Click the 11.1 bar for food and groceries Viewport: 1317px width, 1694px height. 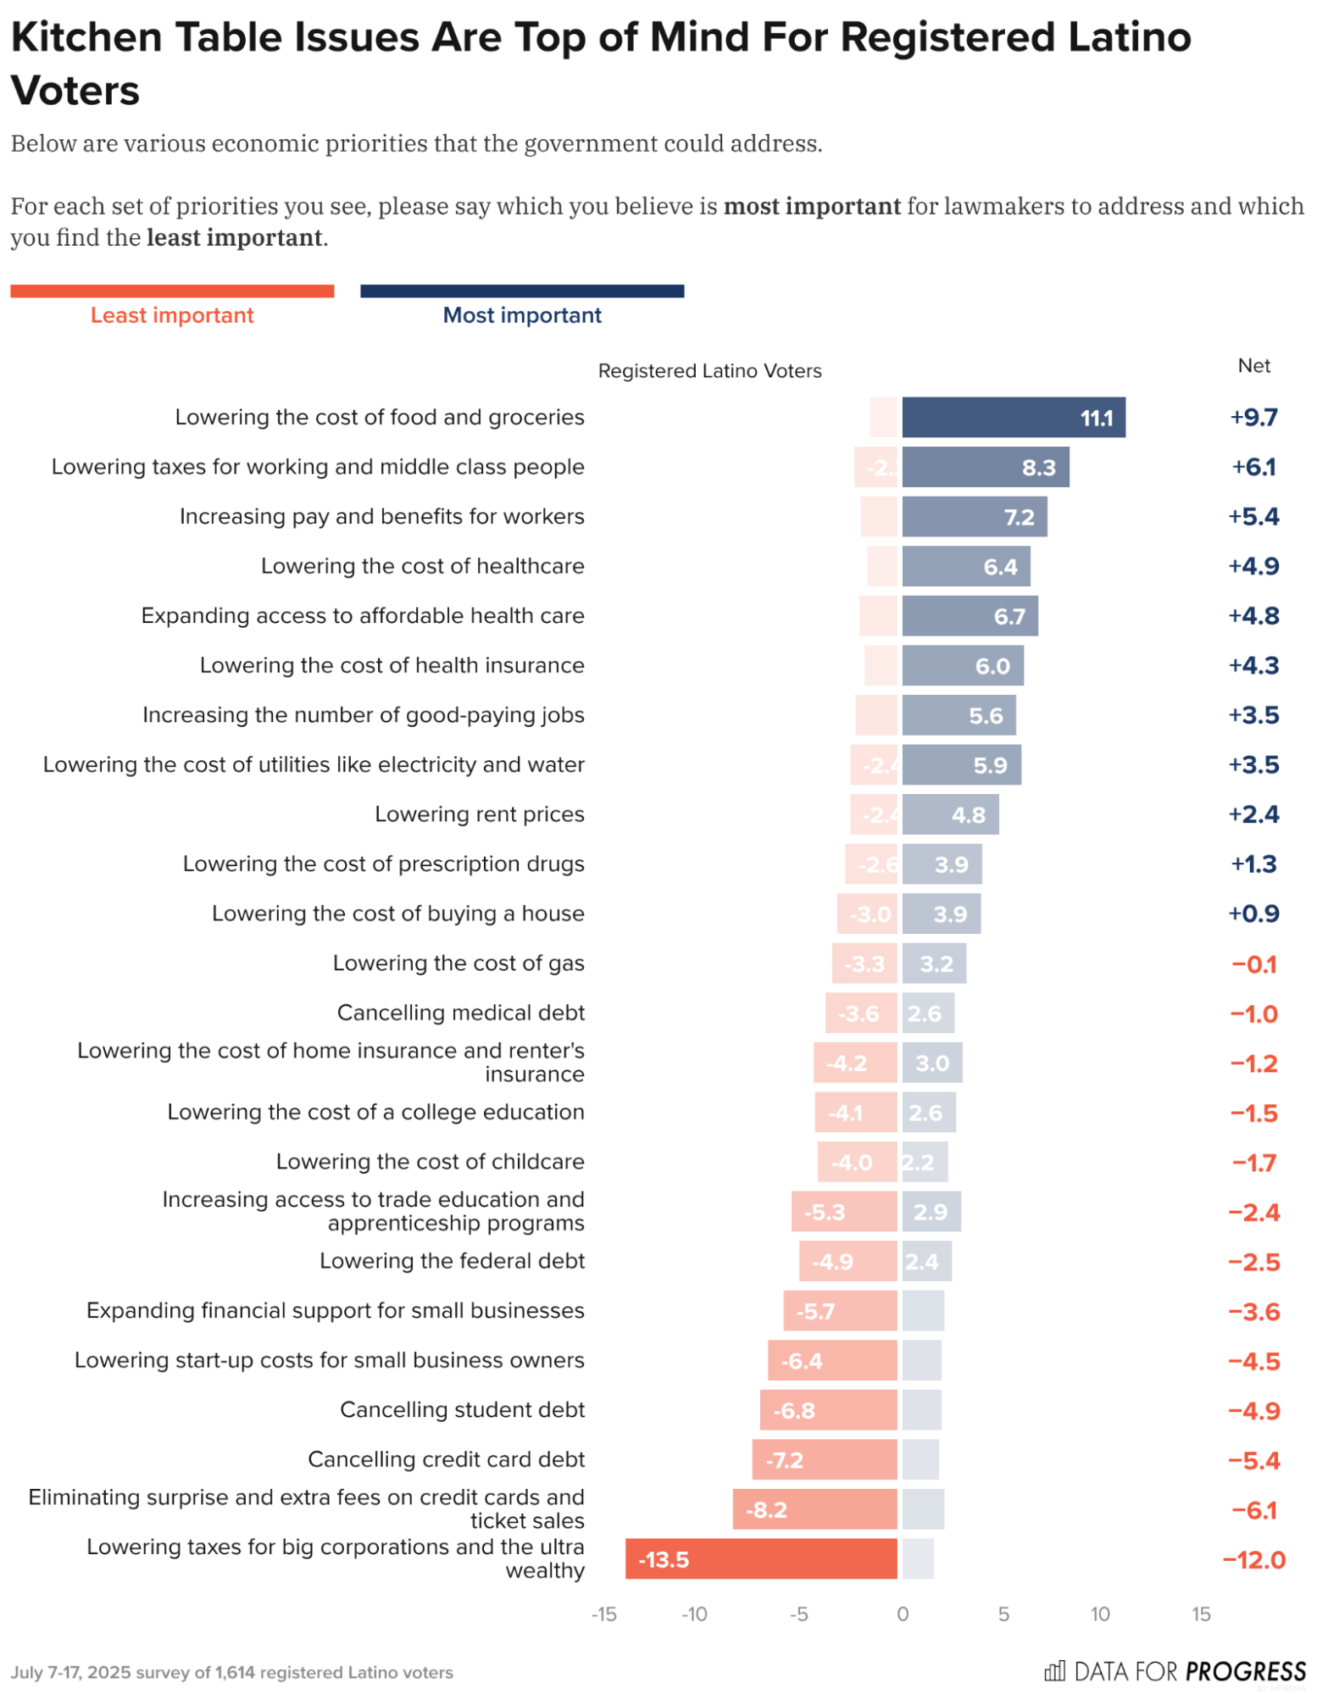pos(1013,417)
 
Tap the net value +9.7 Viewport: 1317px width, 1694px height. pos(1253,417)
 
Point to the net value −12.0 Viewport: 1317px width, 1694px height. pos(1253,1559)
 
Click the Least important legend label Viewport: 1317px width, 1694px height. pos(172,315)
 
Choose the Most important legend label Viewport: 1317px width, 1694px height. pos(521,315)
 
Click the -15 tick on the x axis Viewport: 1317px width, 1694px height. pos(603,1613)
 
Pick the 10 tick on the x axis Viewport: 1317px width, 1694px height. pos(1099,1613)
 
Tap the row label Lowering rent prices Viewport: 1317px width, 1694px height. pos(479,814)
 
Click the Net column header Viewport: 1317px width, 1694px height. pos(1253,365)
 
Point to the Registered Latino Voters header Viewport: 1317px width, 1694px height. pos(709,370)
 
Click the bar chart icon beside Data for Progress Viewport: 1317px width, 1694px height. pos(1053,1670)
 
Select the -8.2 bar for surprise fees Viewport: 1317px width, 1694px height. pos(814,1508)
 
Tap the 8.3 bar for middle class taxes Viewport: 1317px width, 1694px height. pos(985,467)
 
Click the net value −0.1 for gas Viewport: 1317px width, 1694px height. pos(1253,964)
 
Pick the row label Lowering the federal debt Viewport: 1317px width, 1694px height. pos(452,1260)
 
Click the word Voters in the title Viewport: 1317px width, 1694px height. pos(75,91)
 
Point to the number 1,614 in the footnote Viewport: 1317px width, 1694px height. pos(235,1672)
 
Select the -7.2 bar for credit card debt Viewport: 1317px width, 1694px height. pos(824,1458)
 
